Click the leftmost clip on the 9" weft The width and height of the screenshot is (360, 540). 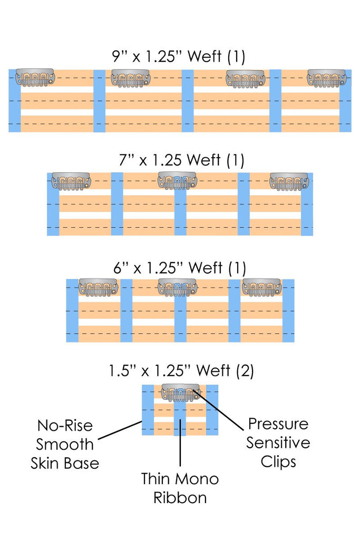pos(35,78)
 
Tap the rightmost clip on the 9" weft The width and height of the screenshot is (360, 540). pos(327,78)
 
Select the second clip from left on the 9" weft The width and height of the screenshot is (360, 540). pos(131,78)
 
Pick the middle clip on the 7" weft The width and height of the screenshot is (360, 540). pos(177,181)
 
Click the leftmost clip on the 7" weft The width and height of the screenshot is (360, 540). pos(71,181)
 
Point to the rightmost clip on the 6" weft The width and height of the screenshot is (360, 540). pos(261,287)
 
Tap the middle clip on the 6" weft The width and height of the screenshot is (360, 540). pos(177,287)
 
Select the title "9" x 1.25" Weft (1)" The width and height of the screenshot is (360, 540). pos(179,56)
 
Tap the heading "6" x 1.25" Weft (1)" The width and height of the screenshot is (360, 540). pos(180,267)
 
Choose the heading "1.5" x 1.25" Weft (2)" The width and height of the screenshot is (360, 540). pos(181,371)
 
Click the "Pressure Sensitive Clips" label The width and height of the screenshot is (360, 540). pos(278,443)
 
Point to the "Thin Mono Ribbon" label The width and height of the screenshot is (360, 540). pos(180,488)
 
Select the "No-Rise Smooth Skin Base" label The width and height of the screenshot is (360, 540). pos(65,444)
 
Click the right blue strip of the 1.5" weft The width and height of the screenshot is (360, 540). pos(212,410)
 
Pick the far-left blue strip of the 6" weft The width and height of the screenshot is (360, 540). pos(72,311)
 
